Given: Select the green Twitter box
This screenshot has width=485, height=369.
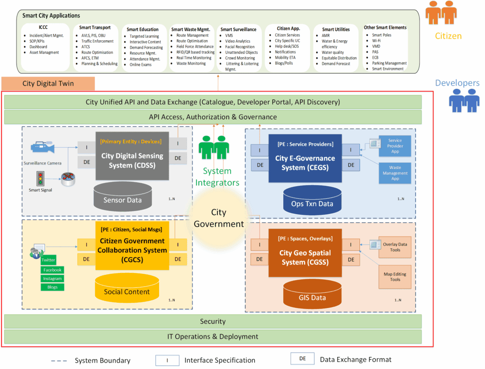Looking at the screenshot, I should coord(48,260).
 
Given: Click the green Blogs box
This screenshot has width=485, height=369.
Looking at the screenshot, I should coord(52,287).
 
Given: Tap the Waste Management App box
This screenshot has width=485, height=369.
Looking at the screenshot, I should coord(395,173).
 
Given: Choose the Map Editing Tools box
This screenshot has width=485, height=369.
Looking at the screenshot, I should coord(395,277).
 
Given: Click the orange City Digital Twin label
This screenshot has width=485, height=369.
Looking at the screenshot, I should coord(48,84).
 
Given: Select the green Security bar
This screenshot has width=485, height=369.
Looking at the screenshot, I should coord(213,322).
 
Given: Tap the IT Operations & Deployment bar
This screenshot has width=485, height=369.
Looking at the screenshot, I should coord(213,337).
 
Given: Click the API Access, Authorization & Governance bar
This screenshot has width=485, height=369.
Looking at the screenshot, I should coord(213,117).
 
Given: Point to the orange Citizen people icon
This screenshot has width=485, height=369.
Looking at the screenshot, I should coord(441,13).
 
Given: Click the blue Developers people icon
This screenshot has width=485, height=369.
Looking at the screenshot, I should coord(464,100).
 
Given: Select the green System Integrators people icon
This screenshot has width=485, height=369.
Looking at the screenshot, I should coord(214,147).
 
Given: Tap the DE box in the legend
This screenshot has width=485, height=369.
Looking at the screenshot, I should coord(303,359).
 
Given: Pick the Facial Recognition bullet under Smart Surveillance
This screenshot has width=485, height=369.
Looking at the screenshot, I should coord(240,47).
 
